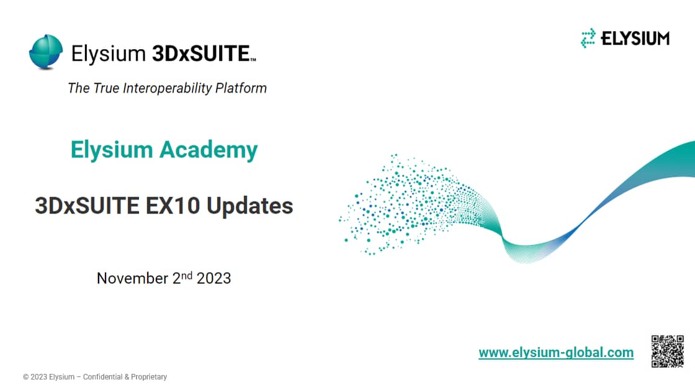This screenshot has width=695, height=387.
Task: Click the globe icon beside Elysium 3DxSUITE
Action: click(46, 52)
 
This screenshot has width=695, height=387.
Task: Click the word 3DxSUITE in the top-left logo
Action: click(200, 54)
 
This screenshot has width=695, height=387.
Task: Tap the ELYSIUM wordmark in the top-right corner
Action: click(635, 39)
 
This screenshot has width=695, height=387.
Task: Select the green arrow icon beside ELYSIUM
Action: click(588, 39)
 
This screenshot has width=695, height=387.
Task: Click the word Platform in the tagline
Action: click(241, 88)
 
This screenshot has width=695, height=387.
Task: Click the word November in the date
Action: click(132, 278)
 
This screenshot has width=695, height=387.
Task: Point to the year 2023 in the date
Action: click(214, 278)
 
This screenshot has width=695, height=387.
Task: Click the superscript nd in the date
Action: click(187, 274)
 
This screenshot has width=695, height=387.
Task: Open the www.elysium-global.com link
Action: click(556, 353)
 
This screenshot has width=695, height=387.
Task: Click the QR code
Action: click(667, 351)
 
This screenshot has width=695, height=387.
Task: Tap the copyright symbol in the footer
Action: click(25, 377)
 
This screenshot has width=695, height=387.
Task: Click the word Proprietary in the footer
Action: click(150, 377)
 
